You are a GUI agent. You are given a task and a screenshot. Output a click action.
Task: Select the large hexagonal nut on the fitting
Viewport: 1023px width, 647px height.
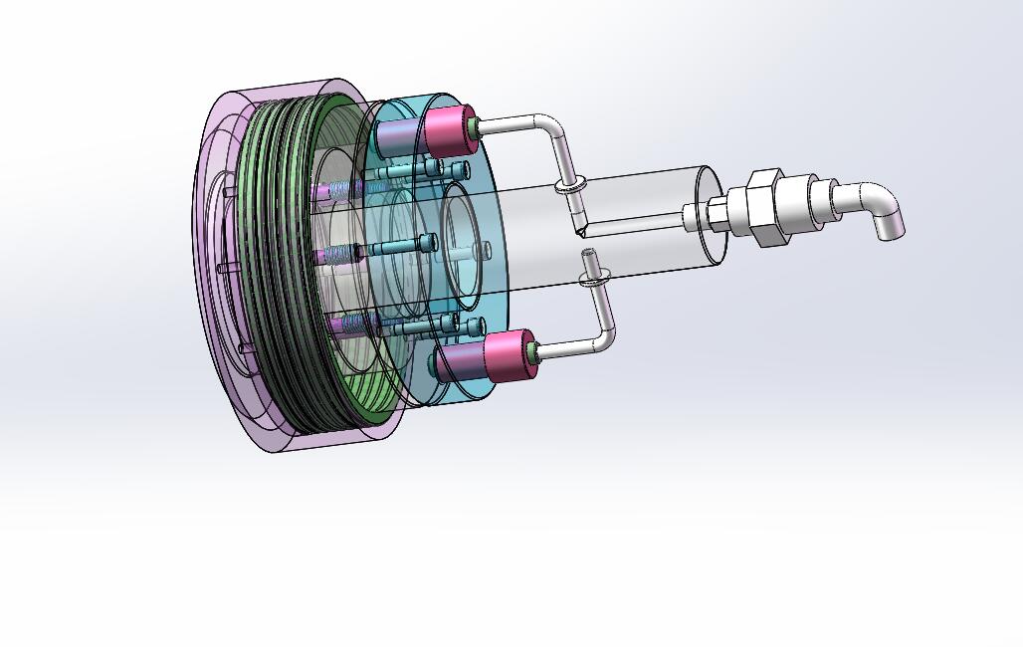pos(766,207)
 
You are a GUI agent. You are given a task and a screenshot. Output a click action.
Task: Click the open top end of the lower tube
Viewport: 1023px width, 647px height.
pos(589,254)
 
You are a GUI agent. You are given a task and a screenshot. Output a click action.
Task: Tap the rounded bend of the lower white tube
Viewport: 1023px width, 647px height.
pos(603,338)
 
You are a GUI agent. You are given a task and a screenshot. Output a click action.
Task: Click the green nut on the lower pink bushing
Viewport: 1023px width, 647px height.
pos(537,351)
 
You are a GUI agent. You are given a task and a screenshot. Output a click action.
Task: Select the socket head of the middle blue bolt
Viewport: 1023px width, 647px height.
pos(428,242)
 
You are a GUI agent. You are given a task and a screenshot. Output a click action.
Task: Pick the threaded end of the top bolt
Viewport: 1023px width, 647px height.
pos(341,189)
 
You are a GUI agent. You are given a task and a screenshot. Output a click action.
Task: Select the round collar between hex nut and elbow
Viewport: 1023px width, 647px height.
pos(822,198)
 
